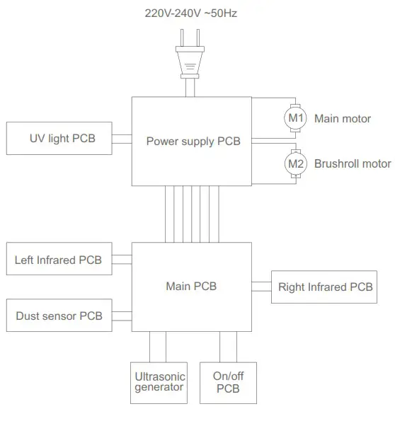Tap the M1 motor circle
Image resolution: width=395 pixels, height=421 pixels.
(x=295, y=118)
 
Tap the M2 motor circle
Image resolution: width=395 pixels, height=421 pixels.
(x=295, y=163)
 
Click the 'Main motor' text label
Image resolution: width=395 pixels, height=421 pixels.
(x=342, y=118)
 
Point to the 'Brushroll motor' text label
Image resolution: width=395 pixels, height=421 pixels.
(x=352, y=163)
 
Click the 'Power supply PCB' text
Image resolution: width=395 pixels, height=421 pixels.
(x=193, y=141)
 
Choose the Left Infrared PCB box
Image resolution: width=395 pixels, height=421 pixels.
(x=58, y=260)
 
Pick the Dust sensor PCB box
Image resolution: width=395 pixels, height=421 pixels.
(x=58, y=316)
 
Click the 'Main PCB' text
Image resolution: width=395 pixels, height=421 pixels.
(x=191, y=287)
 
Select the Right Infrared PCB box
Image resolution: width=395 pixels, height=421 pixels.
(x=324, y=287)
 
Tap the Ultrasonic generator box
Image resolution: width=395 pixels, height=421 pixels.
(x=159, y=383)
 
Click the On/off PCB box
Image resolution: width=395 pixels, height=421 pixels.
(x=228, y=383)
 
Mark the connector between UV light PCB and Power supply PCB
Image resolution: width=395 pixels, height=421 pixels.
(x=123, y=139)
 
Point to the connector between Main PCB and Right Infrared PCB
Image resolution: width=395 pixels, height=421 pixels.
(x=261, y=287)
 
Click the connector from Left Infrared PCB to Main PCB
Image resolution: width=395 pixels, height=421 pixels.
(x=122, y=260)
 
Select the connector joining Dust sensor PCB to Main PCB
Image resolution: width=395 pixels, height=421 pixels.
(x=122, y=316)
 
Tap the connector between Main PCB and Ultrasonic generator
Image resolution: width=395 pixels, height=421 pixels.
(x=158, y=347)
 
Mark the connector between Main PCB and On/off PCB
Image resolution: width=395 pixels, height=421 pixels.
(x=227, y=347)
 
